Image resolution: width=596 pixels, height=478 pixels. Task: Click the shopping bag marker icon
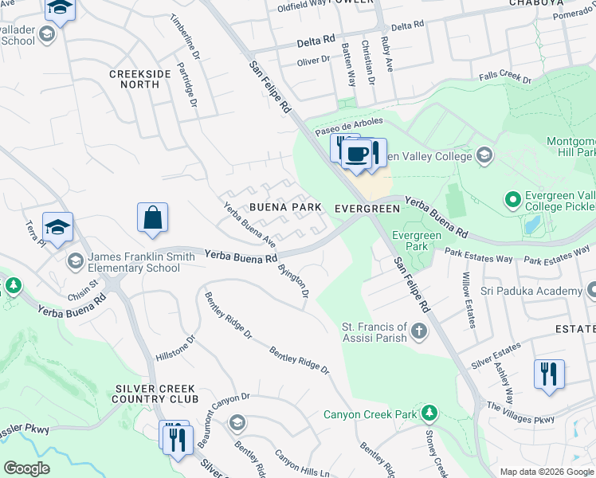[x=152, y=218]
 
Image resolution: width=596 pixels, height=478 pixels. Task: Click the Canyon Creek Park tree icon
[x=429, y=414]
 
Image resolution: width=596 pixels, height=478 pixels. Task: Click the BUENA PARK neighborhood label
[x=285, y=207]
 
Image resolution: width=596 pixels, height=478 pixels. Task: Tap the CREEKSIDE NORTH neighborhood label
[x=140, y=79]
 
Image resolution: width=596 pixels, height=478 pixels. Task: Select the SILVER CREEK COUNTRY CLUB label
[x=155, y=394]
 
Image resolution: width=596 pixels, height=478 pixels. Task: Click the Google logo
[x=26, y=468]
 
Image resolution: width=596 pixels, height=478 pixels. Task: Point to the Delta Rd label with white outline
[x=316, y=41]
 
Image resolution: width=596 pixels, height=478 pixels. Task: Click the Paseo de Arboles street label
[x=349, y=126]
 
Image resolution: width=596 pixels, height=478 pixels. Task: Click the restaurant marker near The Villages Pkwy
[x=549, y=374]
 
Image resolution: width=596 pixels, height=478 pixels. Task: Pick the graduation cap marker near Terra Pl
[x=57, y=227]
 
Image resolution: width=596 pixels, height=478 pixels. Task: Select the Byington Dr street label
[x=293, y=280]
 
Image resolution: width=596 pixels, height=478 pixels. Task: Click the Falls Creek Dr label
[x=504, y=78]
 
